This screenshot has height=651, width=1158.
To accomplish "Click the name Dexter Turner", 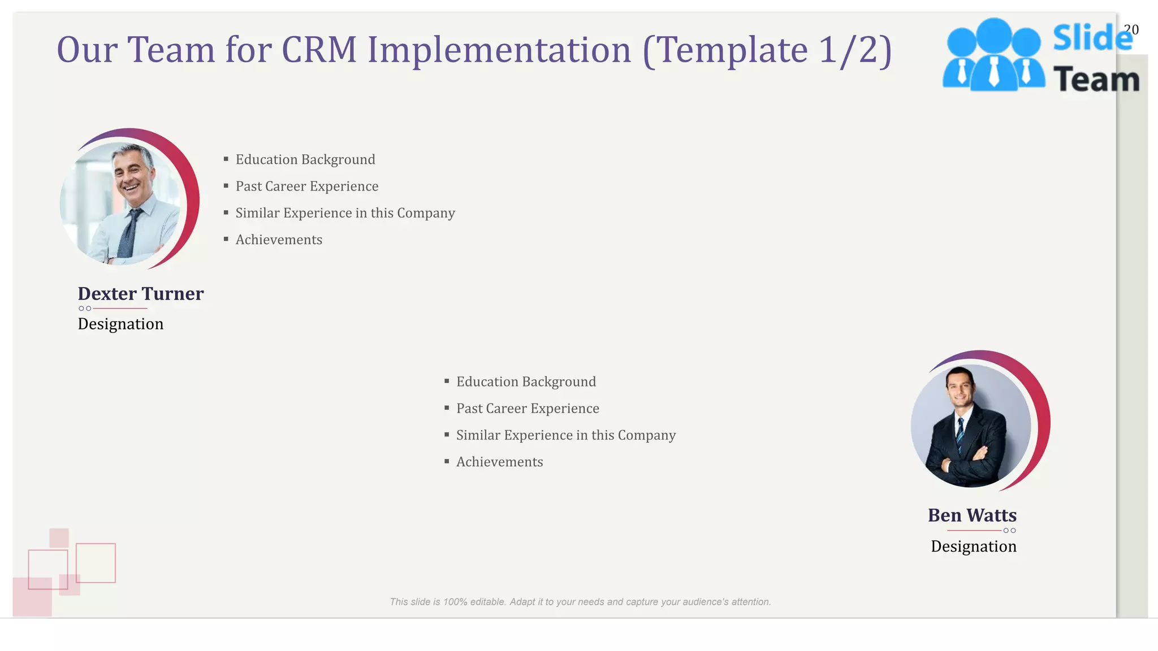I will pos(140,294).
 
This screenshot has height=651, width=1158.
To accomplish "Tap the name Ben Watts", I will pos(972,515).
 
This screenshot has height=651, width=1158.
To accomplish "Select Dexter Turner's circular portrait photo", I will pos(123,203).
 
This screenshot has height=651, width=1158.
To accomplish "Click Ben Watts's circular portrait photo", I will pos(971,426).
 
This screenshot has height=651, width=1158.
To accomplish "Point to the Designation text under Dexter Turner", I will pos(120,324).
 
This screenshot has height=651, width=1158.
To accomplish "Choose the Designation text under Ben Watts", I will pos(973,546).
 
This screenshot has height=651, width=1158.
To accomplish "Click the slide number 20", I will pos(1131,29).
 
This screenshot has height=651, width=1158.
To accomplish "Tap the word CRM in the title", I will pos(319,50).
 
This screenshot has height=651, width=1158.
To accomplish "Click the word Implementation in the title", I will pos(499,50).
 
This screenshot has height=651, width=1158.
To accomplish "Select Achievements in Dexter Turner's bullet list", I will pos(279,240).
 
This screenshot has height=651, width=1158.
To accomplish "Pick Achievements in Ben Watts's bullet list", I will pos(499,462).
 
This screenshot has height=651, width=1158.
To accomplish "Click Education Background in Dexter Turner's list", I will pos(305,159).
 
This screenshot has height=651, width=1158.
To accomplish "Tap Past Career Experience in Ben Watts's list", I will pos(528,409).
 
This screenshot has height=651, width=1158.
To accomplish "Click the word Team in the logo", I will pos(1096,79).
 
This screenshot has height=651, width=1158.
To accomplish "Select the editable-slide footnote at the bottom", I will pos(580,602).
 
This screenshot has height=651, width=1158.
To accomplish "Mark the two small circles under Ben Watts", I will pos(1009,531).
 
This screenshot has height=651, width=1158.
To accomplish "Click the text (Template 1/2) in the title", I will pos(767,50).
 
